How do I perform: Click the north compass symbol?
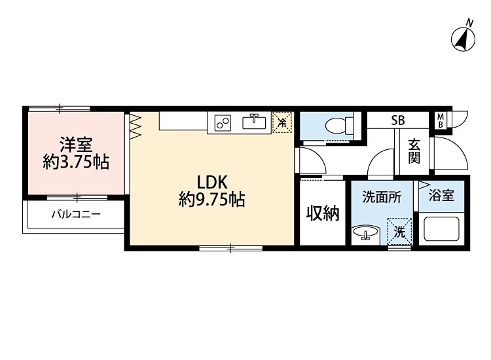point(464,38)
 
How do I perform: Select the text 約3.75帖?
point(75,162)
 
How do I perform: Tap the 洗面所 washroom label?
point(382,196)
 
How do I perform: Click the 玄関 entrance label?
point(414,153)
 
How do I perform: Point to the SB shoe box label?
point(397,120)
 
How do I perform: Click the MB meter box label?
point(441,120)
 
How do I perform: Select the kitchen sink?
point(253,122)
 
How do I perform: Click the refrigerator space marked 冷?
point(282,122)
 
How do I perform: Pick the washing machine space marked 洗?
point(400,230)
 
